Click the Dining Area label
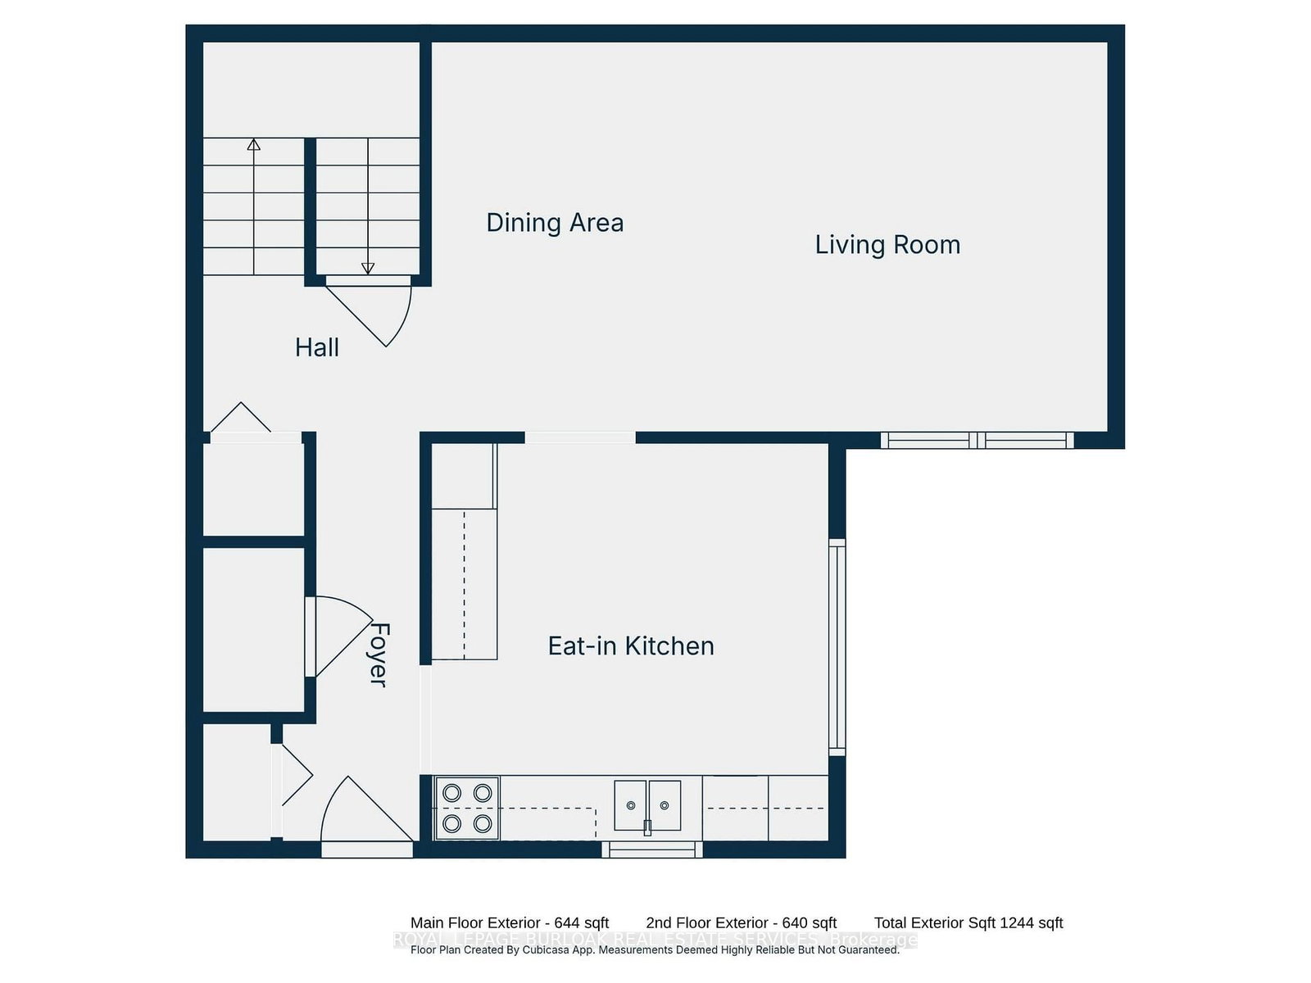(x=555, y=223)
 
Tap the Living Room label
(x=887, y=245)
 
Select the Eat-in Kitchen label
(x=631, y=646)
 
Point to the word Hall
(x=317, y=347)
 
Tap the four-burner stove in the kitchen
(x=467, y=808)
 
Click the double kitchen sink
(x=647, y=806)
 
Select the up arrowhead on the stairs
(x=254, y=145)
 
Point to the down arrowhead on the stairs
(x=368, y=268)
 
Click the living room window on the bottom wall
(x=978, y=441)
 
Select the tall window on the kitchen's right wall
(x=837, y=647)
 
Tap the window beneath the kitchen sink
(x=652, y=850)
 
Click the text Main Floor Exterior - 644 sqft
(x=510, y=923)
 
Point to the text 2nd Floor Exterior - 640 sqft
(x=742, y=923)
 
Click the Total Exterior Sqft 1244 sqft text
(x=969, y=923)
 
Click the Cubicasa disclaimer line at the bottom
(x=655, y=950)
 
